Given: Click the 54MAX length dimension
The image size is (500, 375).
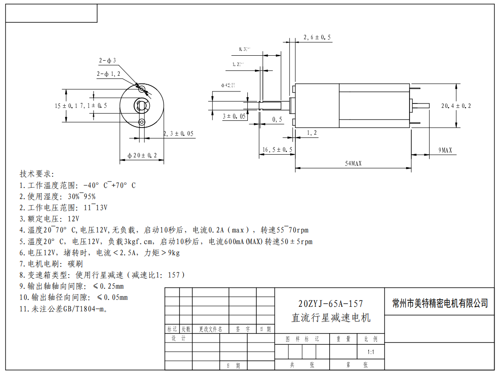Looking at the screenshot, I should pyautogui.click(x=353, y=164).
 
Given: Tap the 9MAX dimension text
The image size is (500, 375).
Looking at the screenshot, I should pyautogui.click(x=445, y=150).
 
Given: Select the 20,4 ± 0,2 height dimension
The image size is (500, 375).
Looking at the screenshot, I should pyautogui.click(x=456, y=106).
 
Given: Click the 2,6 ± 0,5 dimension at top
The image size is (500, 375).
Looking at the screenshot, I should pyautogui.click(x=317, y=37).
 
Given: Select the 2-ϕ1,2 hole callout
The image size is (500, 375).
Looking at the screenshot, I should pyautogui.click(x=108, y=74).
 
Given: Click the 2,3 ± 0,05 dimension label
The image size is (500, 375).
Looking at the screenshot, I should pyautogui.click(x=178, y=133).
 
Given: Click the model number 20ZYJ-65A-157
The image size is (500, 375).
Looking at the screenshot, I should pyautogui.click(x=330, y=304).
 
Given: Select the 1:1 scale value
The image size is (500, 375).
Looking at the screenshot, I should pyautogui.click(x=370, y=352).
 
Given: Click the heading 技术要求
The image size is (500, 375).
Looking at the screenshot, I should pyautogui.click(x=37, y=173).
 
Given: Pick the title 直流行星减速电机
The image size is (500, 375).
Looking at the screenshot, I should pyautogui.click(x=330, y=318).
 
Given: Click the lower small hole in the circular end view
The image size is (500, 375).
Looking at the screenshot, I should pyautogui.click(x=142, y=122).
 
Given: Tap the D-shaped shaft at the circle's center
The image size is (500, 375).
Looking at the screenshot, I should pyautogui.click(x=142, y=106).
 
